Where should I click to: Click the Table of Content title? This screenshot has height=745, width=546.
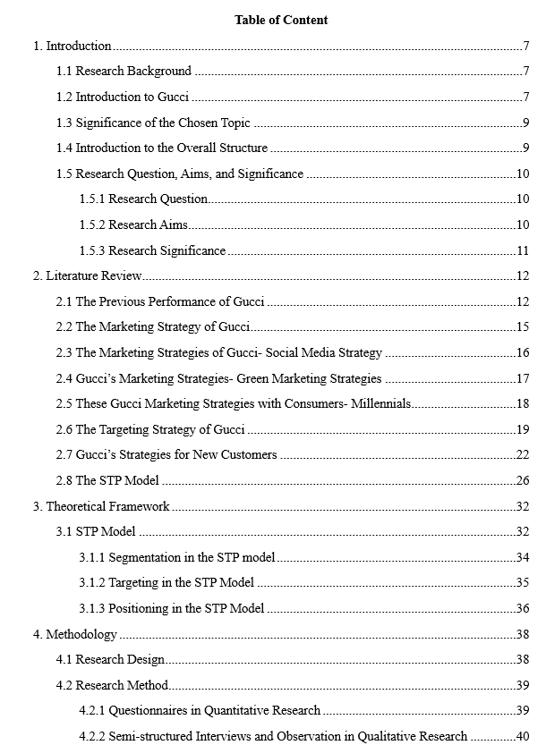click(281, 20)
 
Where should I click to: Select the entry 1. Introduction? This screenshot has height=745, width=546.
click(73, 46)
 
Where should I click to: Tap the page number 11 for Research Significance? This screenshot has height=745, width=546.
click(523, 250)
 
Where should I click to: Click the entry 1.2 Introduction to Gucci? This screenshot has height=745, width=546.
click(123, 97)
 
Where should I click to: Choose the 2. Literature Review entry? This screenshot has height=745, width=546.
click(88, 276)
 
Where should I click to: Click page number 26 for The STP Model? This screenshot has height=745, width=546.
click(523, 480)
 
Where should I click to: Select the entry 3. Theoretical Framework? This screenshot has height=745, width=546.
click(101, 506)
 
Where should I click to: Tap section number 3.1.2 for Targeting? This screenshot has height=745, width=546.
click(92, 582)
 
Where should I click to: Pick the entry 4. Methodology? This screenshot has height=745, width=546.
click(75, 634)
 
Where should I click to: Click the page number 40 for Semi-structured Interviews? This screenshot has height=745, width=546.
click(523, 736)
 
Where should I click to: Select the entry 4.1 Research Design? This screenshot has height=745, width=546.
click(111, 659)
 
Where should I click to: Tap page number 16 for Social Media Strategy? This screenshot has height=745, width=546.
click(523, 352)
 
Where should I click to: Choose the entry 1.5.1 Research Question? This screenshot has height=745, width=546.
click(144, 199)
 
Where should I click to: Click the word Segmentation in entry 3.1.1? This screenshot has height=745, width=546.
click(144, 557)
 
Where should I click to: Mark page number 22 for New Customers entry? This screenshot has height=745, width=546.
click(523, 454)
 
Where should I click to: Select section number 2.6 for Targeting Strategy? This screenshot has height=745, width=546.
click(64, 429)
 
